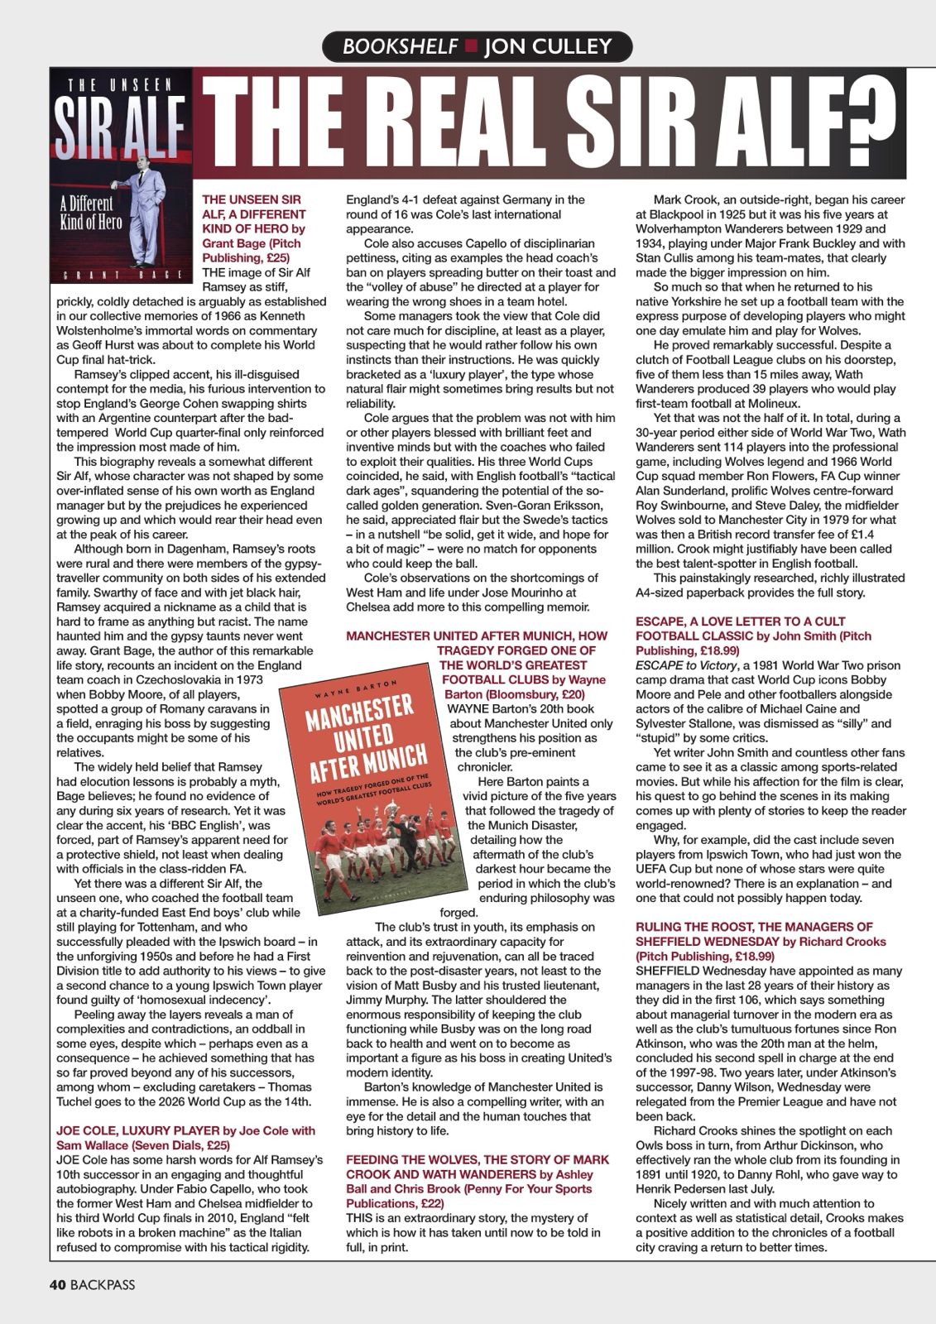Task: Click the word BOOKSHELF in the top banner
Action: tap(400, 46)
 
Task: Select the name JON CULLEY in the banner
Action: tap(554, 46)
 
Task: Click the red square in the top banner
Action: tap(470, 46)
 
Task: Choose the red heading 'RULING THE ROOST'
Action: tap(754, 927)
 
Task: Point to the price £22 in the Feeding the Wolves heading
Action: tap(434, 1203)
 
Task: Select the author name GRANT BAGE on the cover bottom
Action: tap(120, 274)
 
